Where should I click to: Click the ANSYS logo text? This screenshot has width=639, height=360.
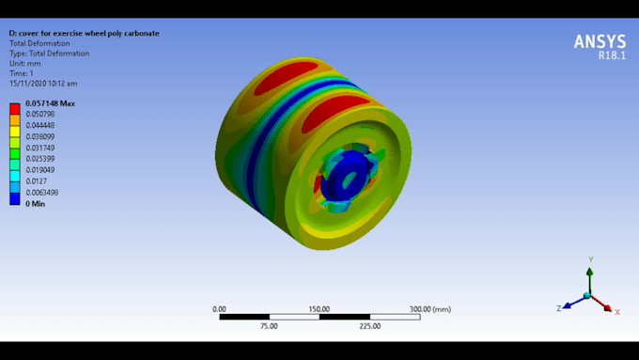tap(599, 41)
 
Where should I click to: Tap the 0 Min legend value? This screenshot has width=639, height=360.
tap(36, 203)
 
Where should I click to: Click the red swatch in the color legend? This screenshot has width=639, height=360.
tap(14, 109)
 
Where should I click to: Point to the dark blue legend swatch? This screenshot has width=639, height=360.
tap(14, 197)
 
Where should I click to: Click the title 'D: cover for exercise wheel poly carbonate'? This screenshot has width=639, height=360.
tap(84, 33)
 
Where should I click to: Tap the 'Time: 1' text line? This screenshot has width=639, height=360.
tap(23, 73)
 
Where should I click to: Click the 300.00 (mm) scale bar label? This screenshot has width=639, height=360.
tap(429, 308)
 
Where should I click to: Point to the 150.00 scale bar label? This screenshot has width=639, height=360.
tap(319, 308)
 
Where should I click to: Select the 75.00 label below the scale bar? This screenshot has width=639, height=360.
tap(269, 326)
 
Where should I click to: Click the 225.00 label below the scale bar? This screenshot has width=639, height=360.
tap(369, 326)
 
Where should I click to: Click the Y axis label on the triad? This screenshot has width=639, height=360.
tap(589, 258)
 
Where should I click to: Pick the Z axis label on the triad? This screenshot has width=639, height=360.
tap(558, 307)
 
